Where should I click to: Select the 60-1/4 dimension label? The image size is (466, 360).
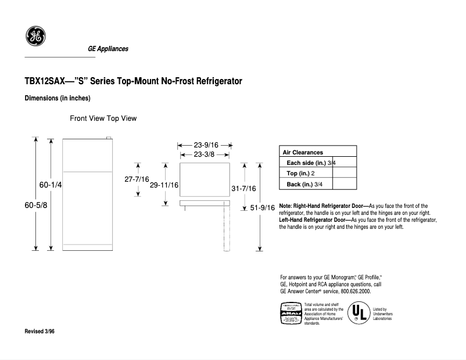pos(51,185)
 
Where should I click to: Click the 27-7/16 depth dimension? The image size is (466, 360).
pos(137,179)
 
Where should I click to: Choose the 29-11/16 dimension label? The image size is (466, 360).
pos(164,185)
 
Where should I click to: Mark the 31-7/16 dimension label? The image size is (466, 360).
pos(243,189)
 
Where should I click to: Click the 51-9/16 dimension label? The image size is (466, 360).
pos(263,207)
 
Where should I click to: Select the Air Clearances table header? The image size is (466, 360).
pos(303,152)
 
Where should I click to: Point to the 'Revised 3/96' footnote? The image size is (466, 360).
pos(40,331)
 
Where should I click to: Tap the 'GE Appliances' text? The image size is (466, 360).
pos(108,49)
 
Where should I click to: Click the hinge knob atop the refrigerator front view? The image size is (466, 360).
pos(108,138)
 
